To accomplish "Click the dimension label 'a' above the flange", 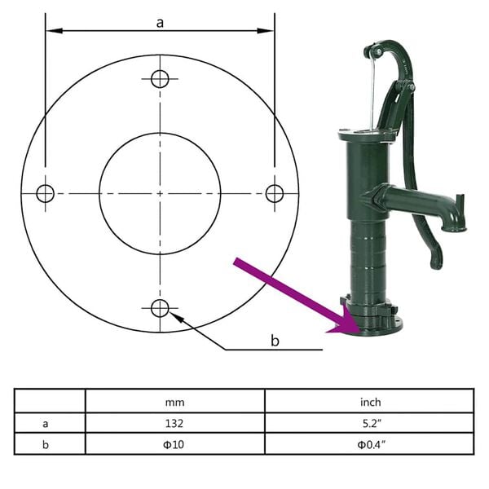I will pos(161,23).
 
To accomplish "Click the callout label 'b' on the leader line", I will pos(275,340).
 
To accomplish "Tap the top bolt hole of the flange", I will pos(160,78).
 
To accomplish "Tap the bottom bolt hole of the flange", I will pos(160,308).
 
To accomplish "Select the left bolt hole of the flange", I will pos(45,193).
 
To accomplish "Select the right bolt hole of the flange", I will pos(275,193).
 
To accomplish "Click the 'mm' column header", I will pos(174,401).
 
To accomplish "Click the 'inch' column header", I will pos(369,401).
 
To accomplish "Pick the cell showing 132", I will pos(174,423).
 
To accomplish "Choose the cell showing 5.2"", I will pos(369,423).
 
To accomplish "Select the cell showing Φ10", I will pos(174,445).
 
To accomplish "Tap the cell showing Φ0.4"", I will pos(369,445).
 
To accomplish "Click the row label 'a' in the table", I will pos(45,423).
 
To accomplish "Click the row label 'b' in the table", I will pos(45,445).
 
